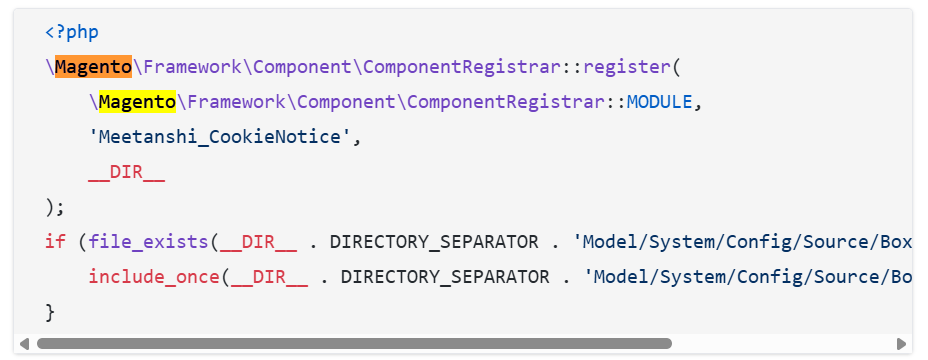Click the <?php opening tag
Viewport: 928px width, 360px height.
pos(71,32)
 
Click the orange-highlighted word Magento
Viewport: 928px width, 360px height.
pos(93,67)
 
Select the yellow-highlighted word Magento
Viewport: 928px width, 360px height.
pos(137,101)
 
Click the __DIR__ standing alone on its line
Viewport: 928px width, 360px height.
pos(126,171)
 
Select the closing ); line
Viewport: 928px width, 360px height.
pos(55,206)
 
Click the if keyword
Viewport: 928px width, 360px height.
pos(55,241)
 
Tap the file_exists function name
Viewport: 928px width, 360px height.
pos(148,241)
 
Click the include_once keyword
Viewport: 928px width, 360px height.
pos(154,276)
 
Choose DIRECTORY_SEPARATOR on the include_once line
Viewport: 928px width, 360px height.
pos(445,276)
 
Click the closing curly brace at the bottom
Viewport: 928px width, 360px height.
pos(50,311)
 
